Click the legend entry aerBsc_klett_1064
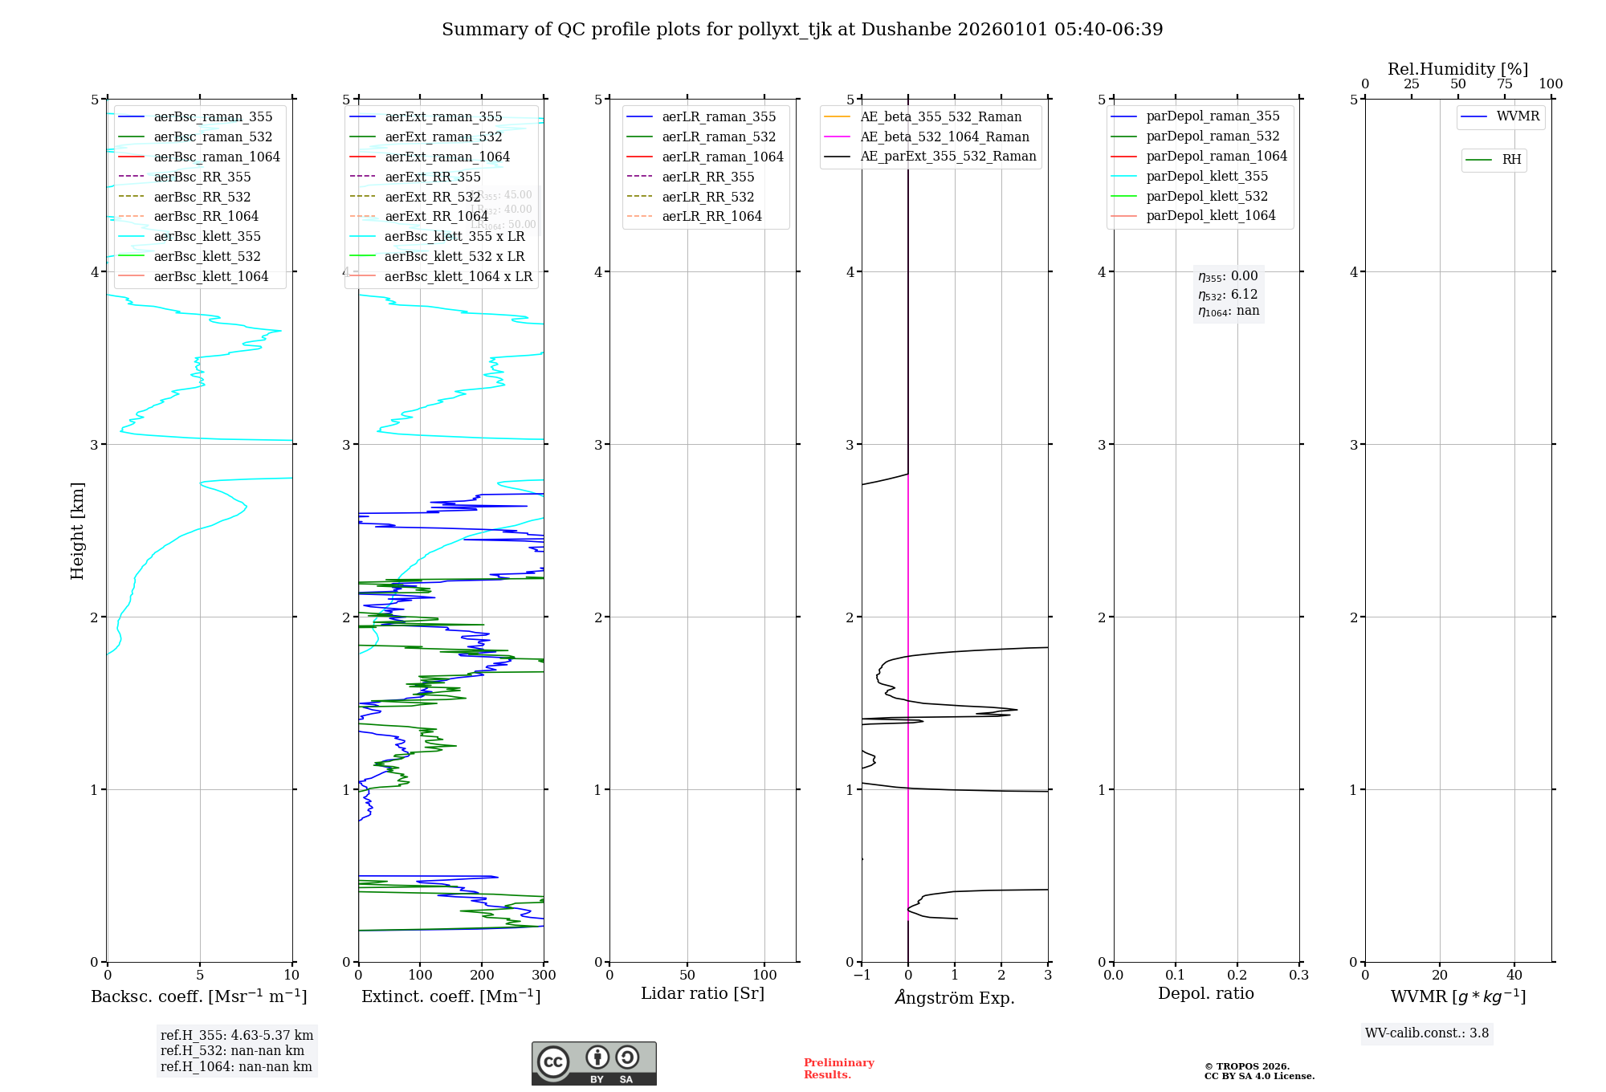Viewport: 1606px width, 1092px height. pos(210,276)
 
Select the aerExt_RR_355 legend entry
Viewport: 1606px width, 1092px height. pos(432,177)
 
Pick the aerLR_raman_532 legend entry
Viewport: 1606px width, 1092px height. pos(719,136)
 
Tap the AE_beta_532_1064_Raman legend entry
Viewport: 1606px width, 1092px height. pos(944,136)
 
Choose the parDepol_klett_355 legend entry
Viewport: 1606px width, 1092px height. pos(1207,176)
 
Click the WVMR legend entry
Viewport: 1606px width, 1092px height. pos(1518,116)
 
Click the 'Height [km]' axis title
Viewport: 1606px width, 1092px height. pos(77,530)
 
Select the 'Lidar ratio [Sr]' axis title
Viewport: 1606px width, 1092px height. pos(703,993)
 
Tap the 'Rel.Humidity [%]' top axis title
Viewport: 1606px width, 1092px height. pos(1457,69)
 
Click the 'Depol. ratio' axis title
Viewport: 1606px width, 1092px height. pos(1205,993)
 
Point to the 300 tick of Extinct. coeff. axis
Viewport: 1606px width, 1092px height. pos(544,975)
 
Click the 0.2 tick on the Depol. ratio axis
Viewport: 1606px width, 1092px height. pos(1237,975)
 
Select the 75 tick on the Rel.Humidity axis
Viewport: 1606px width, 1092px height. pos(1504,84)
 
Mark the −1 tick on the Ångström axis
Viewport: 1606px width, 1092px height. pos(862,975)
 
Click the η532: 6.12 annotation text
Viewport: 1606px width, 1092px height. pos(1228,295)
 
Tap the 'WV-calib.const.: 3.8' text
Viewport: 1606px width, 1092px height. pos(1426,1033)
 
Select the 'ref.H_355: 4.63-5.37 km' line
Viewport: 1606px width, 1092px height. pos(237,1035)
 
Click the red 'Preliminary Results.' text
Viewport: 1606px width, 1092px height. pos(838,1069)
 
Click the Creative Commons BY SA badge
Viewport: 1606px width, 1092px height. pos(593,1064)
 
